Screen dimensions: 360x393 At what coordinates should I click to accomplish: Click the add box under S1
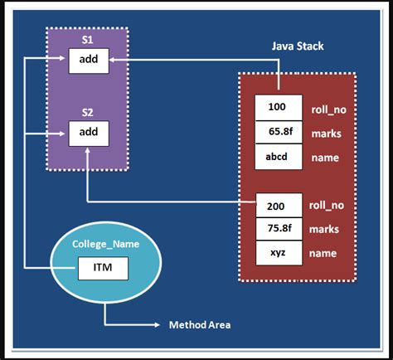(89, 61)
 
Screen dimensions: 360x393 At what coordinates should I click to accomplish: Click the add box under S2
(89, 132)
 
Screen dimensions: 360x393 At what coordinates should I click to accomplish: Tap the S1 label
(87, 39)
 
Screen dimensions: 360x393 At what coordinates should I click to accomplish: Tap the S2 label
(87, 110)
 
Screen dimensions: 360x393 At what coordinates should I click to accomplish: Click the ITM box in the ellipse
(102, 268)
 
